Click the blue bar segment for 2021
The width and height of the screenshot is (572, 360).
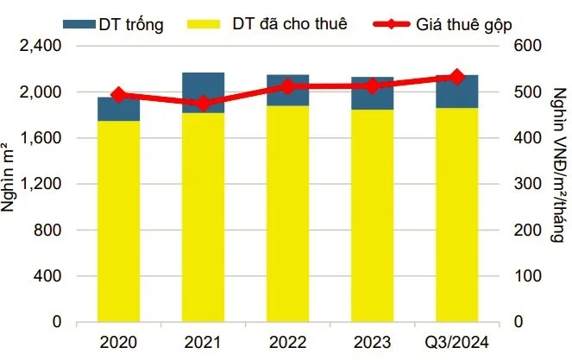pyautogui.click(x=204, y=92)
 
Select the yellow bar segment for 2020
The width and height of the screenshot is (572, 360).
pyautogui.click(x=118, y=221)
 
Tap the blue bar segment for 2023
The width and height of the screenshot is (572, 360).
pyautogui.click(x=373, y=93)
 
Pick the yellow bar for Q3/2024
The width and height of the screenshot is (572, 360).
pyautogui.click(x=457, y=215)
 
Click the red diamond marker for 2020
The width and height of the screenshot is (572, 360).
pyautogui.click(x=118, y=95)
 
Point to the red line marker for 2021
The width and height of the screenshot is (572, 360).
pyautogui.click(x=204, y=104)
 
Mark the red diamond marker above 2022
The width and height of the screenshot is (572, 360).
pyautogui.click(x=288, y=87)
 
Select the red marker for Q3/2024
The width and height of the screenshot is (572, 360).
pyautogui.click(x=457, y=78)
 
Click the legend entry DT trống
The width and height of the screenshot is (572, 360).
pyautogui.click(x=114, y=24)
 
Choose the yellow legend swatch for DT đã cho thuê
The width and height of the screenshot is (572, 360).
pyautogui.click(x=204, y=24)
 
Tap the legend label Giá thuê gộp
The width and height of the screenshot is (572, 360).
pyautogui.click(x=464, y=25)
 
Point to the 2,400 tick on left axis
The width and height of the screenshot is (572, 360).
pyautogui.click(x=41, y=46)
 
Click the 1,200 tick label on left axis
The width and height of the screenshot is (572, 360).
pyautogui.click(x=41, y=184)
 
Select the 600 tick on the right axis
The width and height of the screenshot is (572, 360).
pyautogui.click(x=528, y=46)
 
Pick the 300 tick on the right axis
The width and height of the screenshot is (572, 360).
pyautogui.click(x=528, y=184)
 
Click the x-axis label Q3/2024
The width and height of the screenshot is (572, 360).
pyautogui.click(x=457, y=343)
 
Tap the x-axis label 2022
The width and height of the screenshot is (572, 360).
pyautogui.click(x=288, y=343)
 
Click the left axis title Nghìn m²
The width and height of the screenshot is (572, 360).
pyautogui.click(x=8, y=177)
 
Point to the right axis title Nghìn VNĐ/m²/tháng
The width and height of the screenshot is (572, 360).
pyautogui.click(x=560, y=165)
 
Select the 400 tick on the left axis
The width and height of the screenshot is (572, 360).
pyautogui.click(x=47, y=276)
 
